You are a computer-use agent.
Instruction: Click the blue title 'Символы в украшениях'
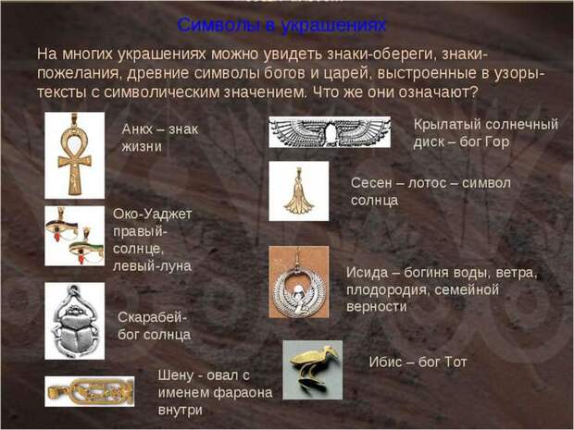pos(281,25)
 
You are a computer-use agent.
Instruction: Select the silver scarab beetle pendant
pos(75,320)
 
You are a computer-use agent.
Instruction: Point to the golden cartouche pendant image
pos(90,391)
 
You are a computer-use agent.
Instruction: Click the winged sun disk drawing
pos(330,132)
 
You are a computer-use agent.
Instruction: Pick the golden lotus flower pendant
pos(299,192)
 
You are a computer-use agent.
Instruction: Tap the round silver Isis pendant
pos(299,289)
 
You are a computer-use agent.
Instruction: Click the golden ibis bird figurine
pos(313,368)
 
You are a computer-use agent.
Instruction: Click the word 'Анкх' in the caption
pos(137,129)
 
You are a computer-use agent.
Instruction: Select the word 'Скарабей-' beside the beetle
pos(152,317)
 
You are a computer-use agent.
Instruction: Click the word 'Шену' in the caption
pos(176,375)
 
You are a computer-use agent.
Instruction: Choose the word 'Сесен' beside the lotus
pos(371,183)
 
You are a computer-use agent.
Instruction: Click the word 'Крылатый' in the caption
pos(447,125)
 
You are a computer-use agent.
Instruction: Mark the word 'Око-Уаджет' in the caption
pos(152,214)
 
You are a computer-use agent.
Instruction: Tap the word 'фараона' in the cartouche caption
pos(243,393)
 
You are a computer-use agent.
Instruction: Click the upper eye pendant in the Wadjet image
pos(61,226)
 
